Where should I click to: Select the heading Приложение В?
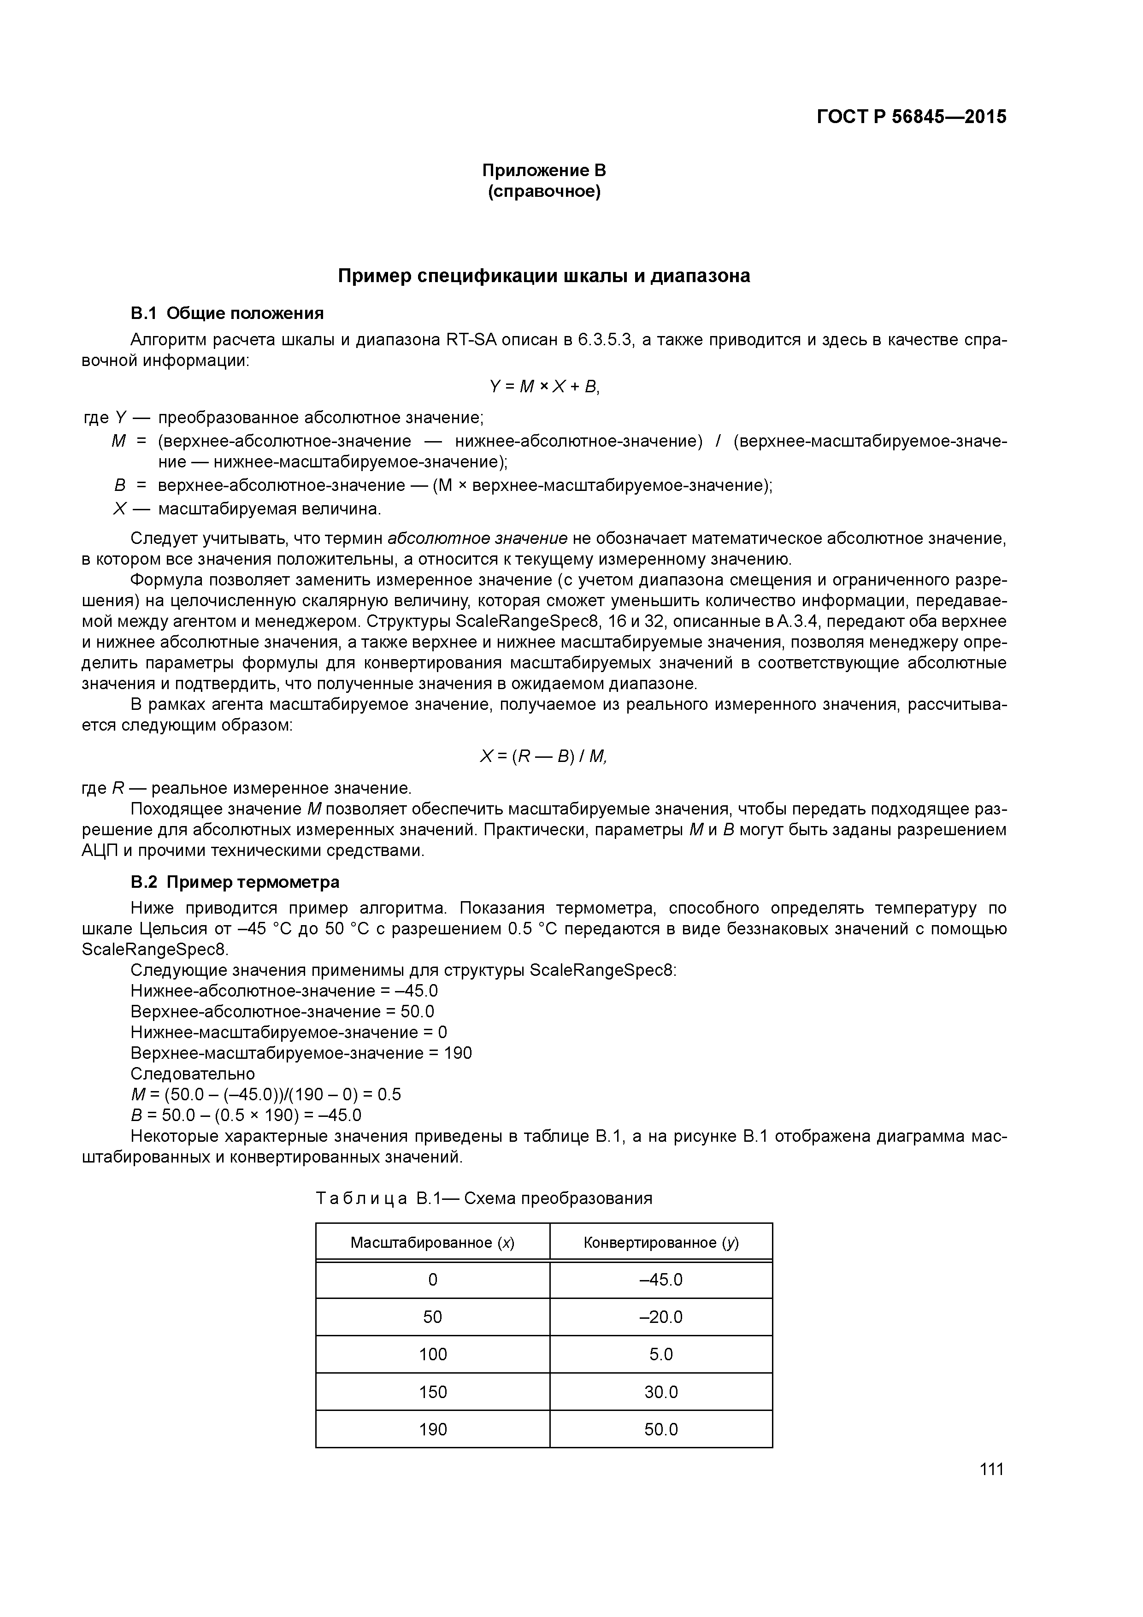[x=544, y=171]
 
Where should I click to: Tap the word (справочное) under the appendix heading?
[x=544, y=192]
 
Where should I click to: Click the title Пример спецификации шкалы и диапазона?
[x=544, y=276]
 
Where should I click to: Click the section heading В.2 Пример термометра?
[x=235, y=882]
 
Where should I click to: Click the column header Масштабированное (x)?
[x=432, y=1242]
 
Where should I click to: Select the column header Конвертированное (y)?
[x=660, y=1242]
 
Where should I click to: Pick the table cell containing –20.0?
[x=660, y=1317]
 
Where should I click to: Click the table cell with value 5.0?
[x=660, y=1354]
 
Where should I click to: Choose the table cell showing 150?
[x=432, y=1392]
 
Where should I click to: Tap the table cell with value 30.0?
[x=660, y=1392]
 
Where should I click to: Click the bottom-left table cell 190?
[x=432, y=1429]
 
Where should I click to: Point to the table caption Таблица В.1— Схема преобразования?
[x=484, y=1198]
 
